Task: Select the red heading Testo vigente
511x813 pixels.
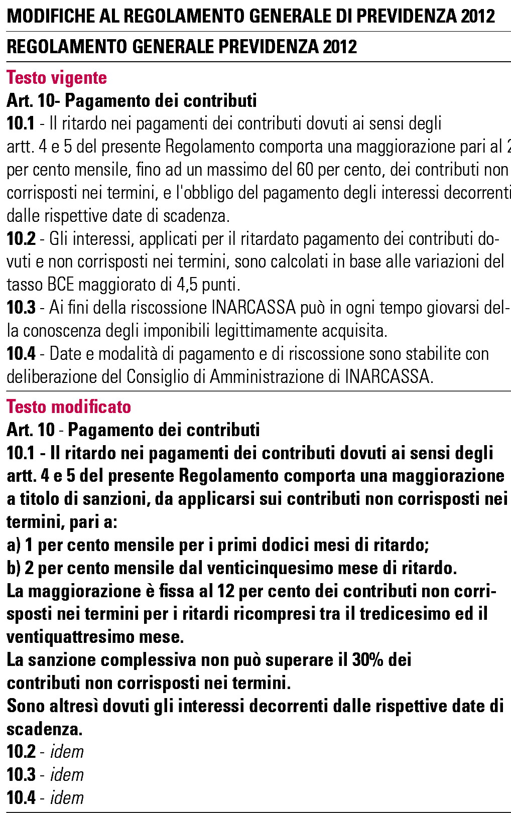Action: point(57,78)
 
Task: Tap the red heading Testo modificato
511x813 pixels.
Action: point(69,406)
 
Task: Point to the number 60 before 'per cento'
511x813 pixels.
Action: point(305,170)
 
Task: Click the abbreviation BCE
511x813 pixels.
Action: point(60,285)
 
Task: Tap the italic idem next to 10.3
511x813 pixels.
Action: point(67,775)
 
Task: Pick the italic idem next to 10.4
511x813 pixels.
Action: point(67,798)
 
